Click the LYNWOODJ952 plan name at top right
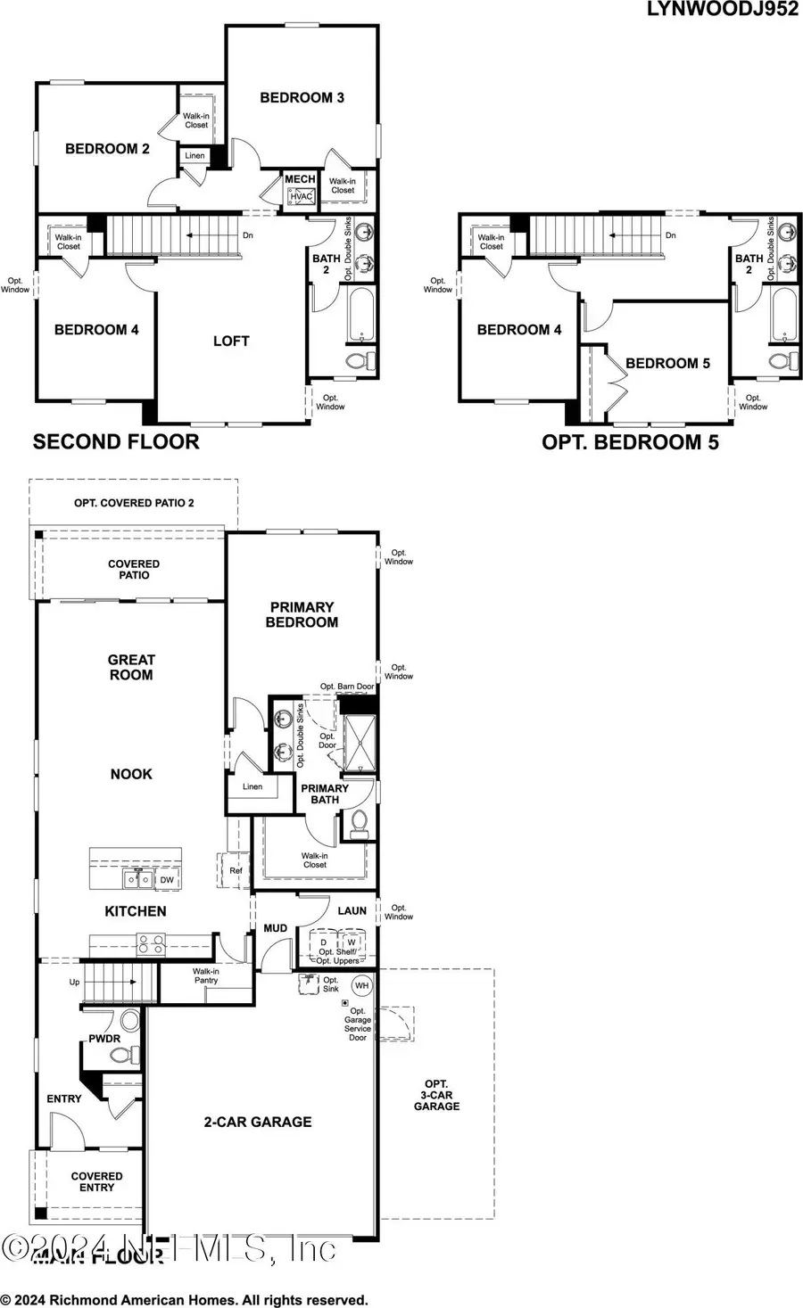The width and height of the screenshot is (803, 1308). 723,9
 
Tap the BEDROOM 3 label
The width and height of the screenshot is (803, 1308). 302,97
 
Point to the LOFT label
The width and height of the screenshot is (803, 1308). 231,341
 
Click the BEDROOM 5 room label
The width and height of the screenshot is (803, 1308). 667,363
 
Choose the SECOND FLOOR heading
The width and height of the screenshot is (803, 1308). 116,441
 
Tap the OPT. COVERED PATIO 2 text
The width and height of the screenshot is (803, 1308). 134,503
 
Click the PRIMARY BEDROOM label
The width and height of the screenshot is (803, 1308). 302,614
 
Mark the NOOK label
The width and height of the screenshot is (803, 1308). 131,774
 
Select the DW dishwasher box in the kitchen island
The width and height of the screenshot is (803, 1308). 167,880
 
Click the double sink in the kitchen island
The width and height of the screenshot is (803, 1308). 137,880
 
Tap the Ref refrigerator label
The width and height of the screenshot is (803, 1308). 236,871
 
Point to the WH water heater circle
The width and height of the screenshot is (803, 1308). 361,985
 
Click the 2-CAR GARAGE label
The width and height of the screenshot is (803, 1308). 258,1122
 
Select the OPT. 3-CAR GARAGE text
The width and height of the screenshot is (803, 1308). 436,1095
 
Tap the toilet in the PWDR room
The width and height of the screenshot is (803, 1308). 121,1056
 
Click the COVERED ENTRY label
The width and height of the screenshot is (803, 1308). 96,1181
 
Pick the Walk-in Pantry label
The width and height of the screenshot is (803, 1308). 205,975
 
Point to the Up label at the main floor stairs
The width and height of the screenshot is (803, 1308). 74,982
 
